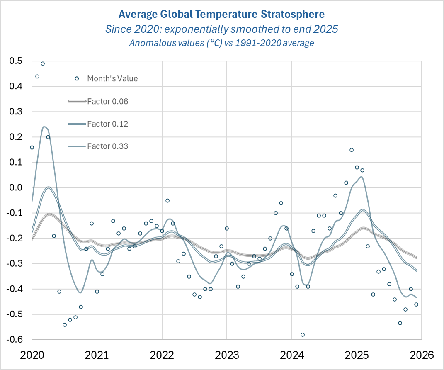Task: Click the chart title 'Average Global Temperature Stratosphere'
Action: tap(221, 15)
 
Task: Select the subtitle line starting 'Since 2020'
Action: tap(221, 29)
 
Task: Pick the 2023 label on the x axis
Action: tap(226, 355)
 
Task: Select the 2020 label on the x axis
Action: tap(32, 355)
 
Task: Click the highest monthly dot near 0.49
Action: tap(43, 63)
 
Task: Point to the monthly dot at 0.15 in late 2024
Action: tap(351, 150)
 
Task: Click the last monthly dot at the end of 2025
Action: tap(416, 304)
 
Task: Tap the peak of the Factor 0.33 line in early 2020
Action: tap(44, 127)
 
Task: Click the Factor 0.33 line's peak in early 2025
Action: tap(362, 177)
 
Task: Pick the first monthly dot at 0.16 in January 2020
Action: tap(32, 147)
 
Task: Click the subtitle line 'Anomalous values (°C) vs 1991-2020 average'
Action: tap(221, 43)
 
